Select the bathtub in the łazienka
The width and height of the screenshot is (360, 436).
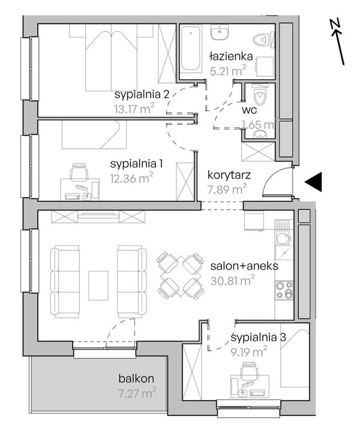click(191, 49)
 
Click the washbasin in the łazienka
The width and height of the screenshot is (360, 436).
click(220, 32)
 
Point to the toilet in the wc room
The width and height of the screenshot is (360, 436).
click(260, 95)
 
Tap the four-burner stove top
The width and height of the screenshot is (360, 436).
click(284, 290)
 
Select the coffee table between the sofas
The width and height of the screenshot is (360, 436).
click(98, 286)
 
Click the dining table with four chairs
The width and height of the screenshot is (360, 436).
click(181, 276)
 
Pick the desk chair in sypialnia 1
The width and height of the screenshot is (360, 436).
click(79, 172)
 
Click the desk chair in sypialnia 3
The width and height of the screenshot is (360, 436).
click(249, 371)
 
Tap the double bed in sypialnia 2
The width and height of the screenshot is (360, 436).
click(112, 58)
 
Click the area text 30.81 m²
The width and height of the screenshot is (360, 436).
click(233, 280)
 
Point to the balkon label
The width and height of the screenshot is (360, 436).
click(136, 378)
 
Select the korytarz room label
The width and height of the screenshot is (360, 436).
click(229, 175)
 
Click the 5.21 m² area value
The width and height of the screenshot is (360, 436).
click(228, 70)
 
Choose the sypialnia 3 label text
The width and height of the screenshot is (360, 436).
click(259, 338)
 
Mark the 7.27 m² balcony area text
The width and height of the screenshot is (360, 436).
click(137, 393)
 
